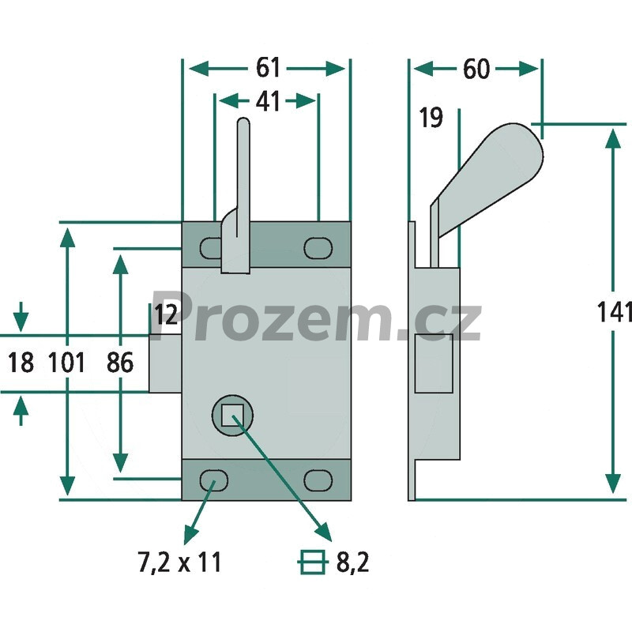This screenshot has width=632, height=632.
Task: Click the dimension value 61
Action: [x=268, y=68]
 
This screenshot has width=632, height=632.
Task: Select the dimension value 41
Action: [x=268, y=101]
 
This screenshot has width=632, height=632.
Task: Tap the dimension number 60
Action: [x=476, y=69]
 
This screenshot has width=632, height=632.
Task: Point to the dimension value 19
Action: [x=431, y=117]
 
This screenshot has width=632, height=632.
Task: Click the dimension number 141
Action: [x=614, y=311]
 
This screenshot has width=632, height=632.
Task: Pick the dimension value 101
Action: [x=66, y=363]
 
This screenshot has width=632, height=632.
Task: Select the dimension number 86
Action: [x=120, y=363]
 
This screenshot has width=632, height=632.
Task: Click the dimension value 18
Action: [x=21, y=363]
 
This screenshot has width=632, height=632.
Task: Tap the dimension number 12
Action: [x=166, y=314]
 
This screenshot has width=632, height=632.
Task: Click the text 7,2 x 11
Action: [x=180, y=562]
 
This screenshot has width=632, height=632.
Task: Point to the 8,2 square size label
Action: [x=352, y=562]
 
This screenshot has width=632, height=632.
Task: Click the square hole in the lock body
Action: [x=232, y=416]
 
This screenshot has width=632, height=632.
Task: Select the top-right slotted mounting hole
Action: [x=318, y=247]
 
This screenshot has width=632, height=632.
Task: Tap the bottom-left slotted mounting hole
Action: [x=214, y=480]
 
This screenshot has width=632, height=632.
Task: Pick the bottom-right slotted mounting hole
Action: [x=318, y=480]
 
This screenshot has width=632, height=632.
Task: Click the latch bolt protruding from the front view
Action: [x=165, y=363]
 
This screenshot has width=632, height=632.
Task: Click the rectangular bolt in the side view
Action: [x=433, y=363]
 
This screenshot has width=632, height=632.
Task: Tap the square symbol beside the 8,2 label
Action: [x=311, y=562]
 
